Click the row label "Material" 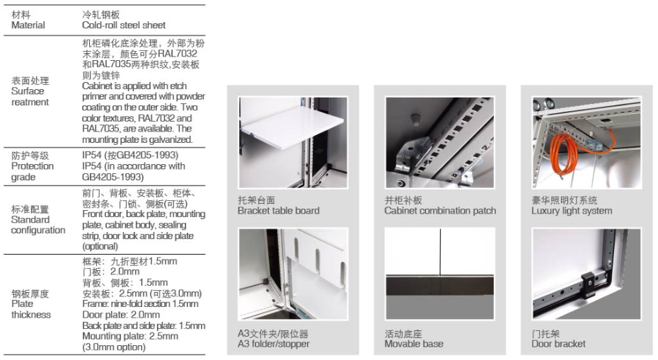[x=28, y=25]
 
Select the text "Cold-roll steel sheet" [x=124, y=25]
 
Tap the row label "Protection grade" [x=33, y=171]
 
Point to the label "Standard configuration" [x=38, y=225]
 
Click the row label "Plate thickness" [x=31, y=309]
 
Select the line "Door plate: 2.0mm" [x=121, y=315]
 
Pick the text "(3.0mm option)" [x=114, y=347]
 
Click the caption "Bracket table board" [x=279, y=211]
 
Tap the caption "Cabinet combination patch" [x=440, y=211]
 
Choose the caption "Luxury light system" [x=572, y=211]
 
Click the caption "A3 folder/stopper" [x=274, y=344]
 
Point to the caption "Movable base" [x=414, y=344]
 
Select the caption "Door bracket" [x=558, y=344]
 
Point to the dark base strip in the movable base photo [x=440, y=285]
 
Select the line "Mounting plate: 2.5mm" [x=130, y=336]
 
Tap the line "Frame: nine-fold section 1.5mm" [x=140, y=304]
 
